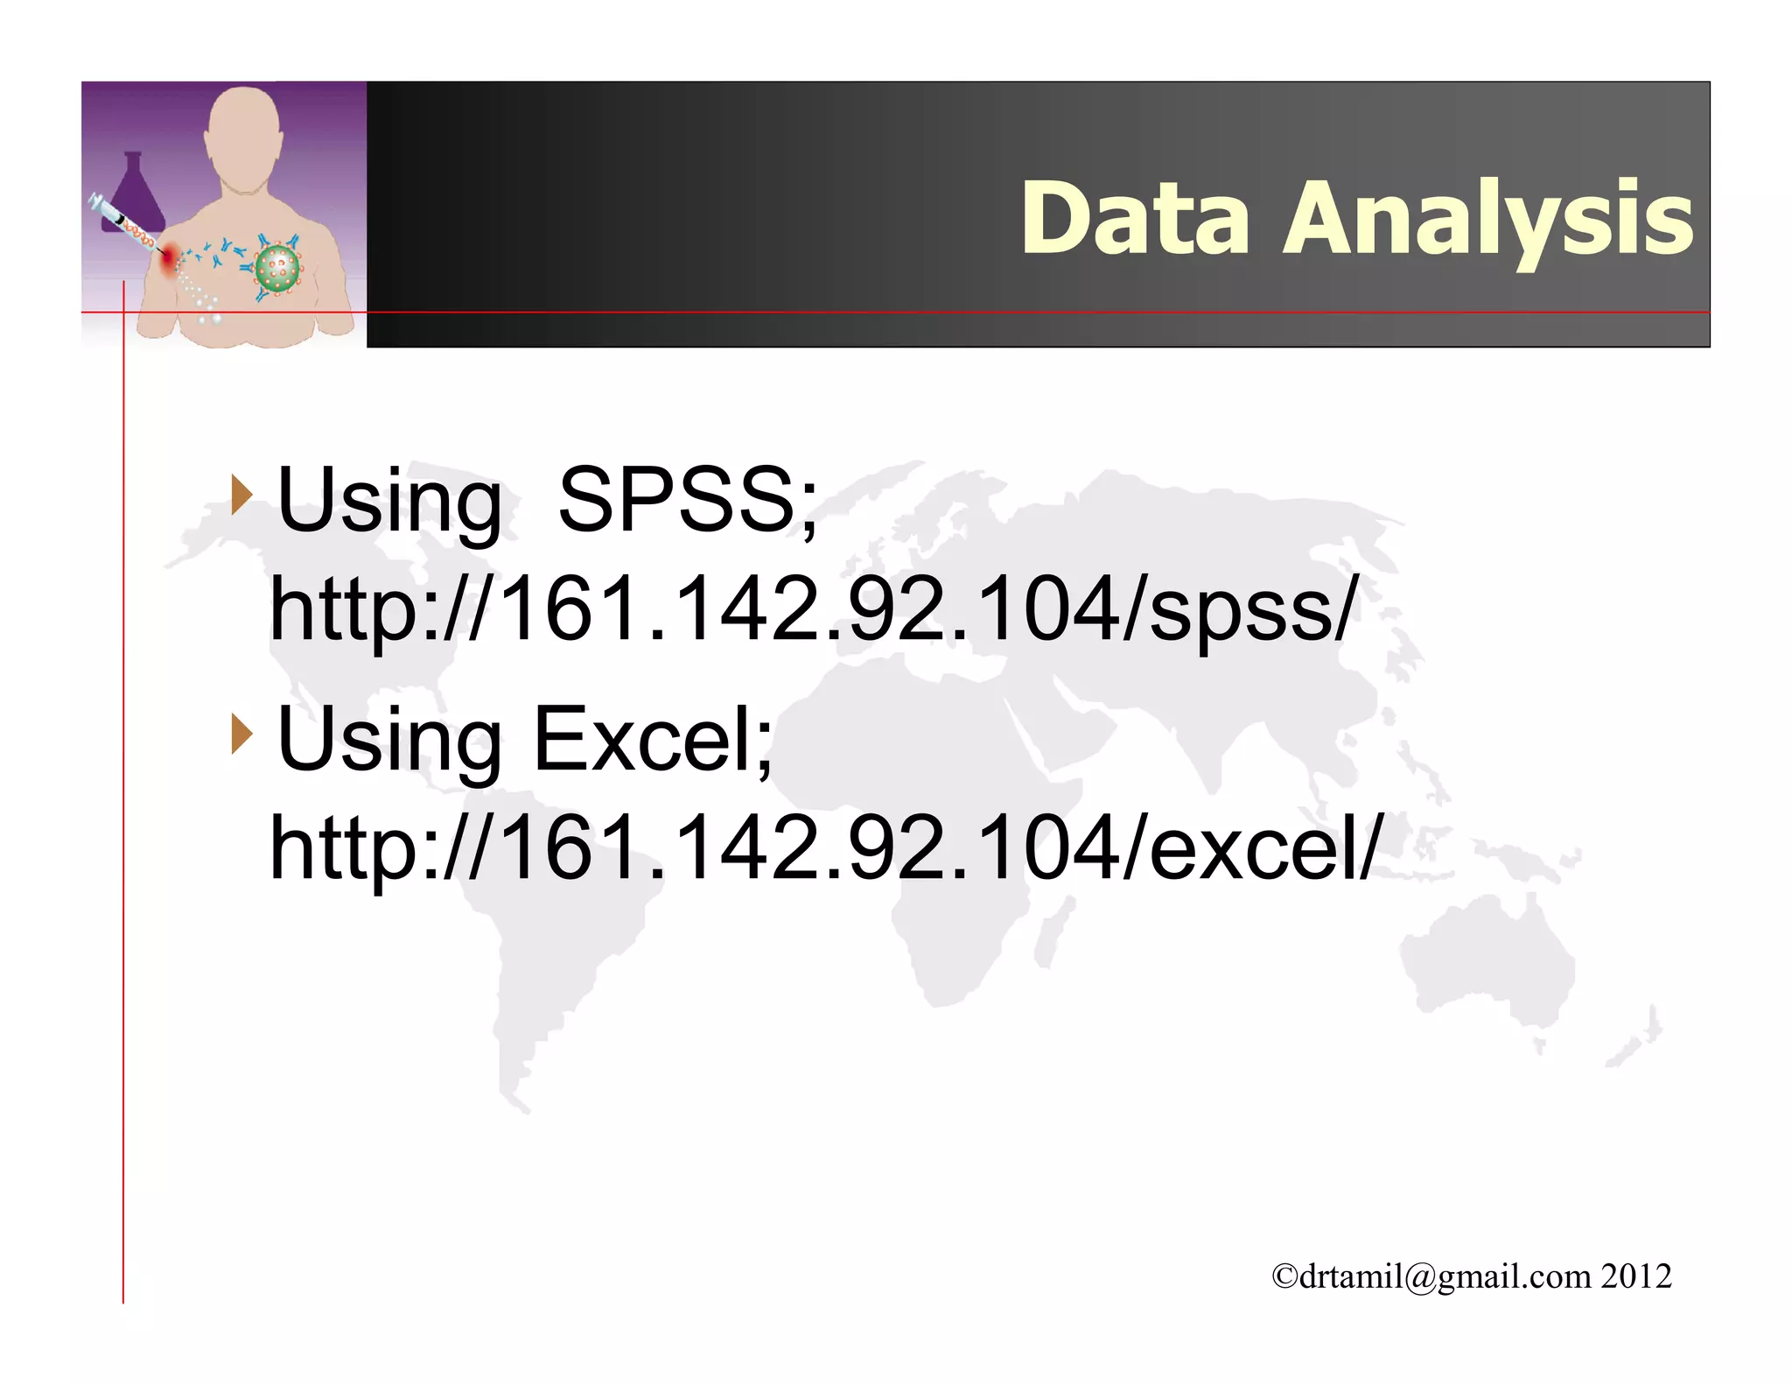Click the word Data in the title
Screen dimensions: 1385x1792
pos(1135,218)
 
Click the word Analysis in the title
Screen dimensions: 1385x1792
pos(1487,218)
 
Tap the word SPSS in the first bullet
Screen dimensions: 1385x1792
pos(687,500)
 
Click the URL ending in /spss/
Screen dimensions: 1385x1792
pos(814,608)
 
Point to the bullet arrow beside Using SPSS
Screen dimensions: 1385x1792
pos(241,496)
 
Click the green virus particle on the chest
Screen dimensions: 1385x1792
pos(277,269)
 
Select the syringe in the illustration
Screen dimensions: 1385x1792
pos(122,222)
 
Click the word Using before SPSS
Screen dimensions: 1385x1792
pos(389,500)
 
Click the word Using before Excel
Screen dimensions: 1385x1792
pos(389,740)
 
